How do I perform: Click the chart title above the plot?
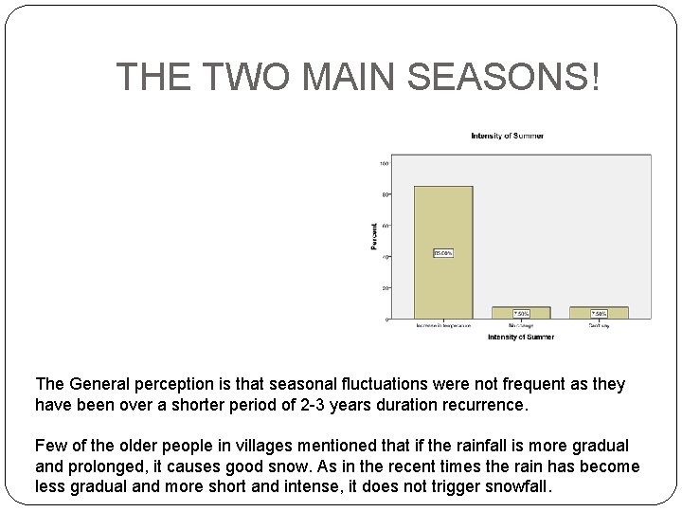(x=507, y=137)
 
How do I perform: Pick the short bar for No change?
(x=521, y=313)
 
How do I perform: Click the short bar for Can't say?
(x=599, y=313)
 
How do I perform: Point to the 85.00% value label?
(x=443, y=253)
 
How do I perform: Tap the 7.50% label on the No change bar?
(x=521, y=313)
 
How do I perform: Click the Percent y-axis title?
(x=373, y=236)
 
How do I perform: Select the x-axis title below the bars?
(x=521, y=337)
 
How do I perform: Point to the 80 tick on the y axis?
(x=385, y=194)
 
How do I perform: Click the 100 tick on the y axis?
(x=384, y=163)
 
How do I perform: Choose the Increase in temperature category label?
(x=443, y=326)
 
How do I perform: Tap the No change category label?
(x=521, y=326)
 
